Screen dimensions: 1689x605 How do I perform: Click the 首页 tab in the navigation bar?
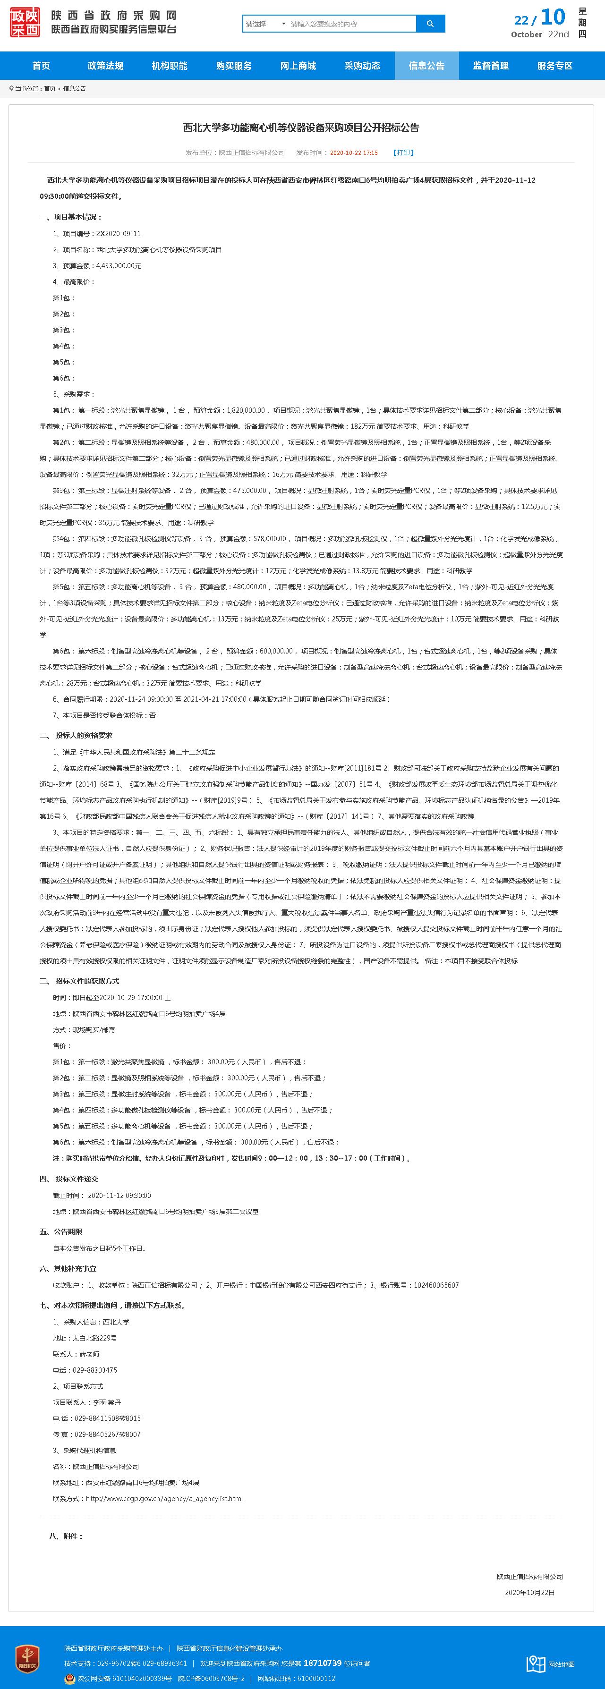click(x=41, y=66)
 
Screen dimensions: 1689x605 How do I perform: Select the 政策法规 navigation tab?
click(x=105, y=66)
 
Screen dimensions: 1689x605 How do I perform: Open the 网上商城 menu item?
click(x=298, y=66)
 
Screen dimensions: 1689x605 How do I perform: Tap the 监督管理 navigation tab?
click(x=491, y=66)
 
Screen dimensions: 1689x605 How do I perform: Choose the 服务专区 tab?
click(x=554, y=66)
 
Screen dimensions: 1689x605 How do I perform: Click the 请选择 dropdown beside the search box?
click(x=265, y=24)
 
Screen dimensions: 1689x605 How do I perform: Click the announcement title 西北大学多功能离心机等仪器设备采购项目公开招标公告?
click(x=301, y=128)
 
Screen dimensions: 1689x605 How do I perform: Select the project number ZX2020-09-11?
click(x=119, y=233)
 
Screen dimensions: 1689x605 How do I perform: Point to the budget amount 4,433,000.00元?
click(x=119, y=265)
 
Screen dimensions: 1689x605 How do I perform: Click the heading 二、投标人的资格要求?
click(x=76, y=736)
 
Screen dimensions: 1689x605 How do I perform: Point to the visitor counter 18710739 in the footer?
click(x=323, y=1663)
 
